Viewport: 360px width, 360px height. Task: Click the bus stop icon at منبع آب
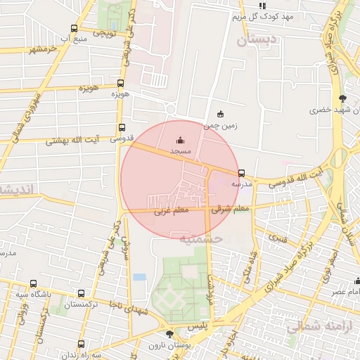tap(75, 29)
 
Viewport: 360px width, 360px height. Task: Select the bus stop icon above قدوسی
tap(122, 128)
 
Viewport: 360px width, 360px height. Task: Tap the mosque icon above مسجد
tap(179, 140)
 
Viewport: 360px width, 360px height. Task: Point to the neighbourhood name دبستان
tap(257, 41)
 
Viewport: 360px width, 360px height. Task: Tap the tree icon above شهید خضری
tap(342, 98)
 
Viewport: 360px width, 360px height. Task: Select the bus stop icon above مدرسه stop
tap(241, 173)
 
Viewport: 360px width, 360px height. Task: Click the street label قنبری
tap(278, 238)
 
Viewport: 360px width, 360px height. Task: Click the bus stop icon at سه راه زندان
tap(82, 344)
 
